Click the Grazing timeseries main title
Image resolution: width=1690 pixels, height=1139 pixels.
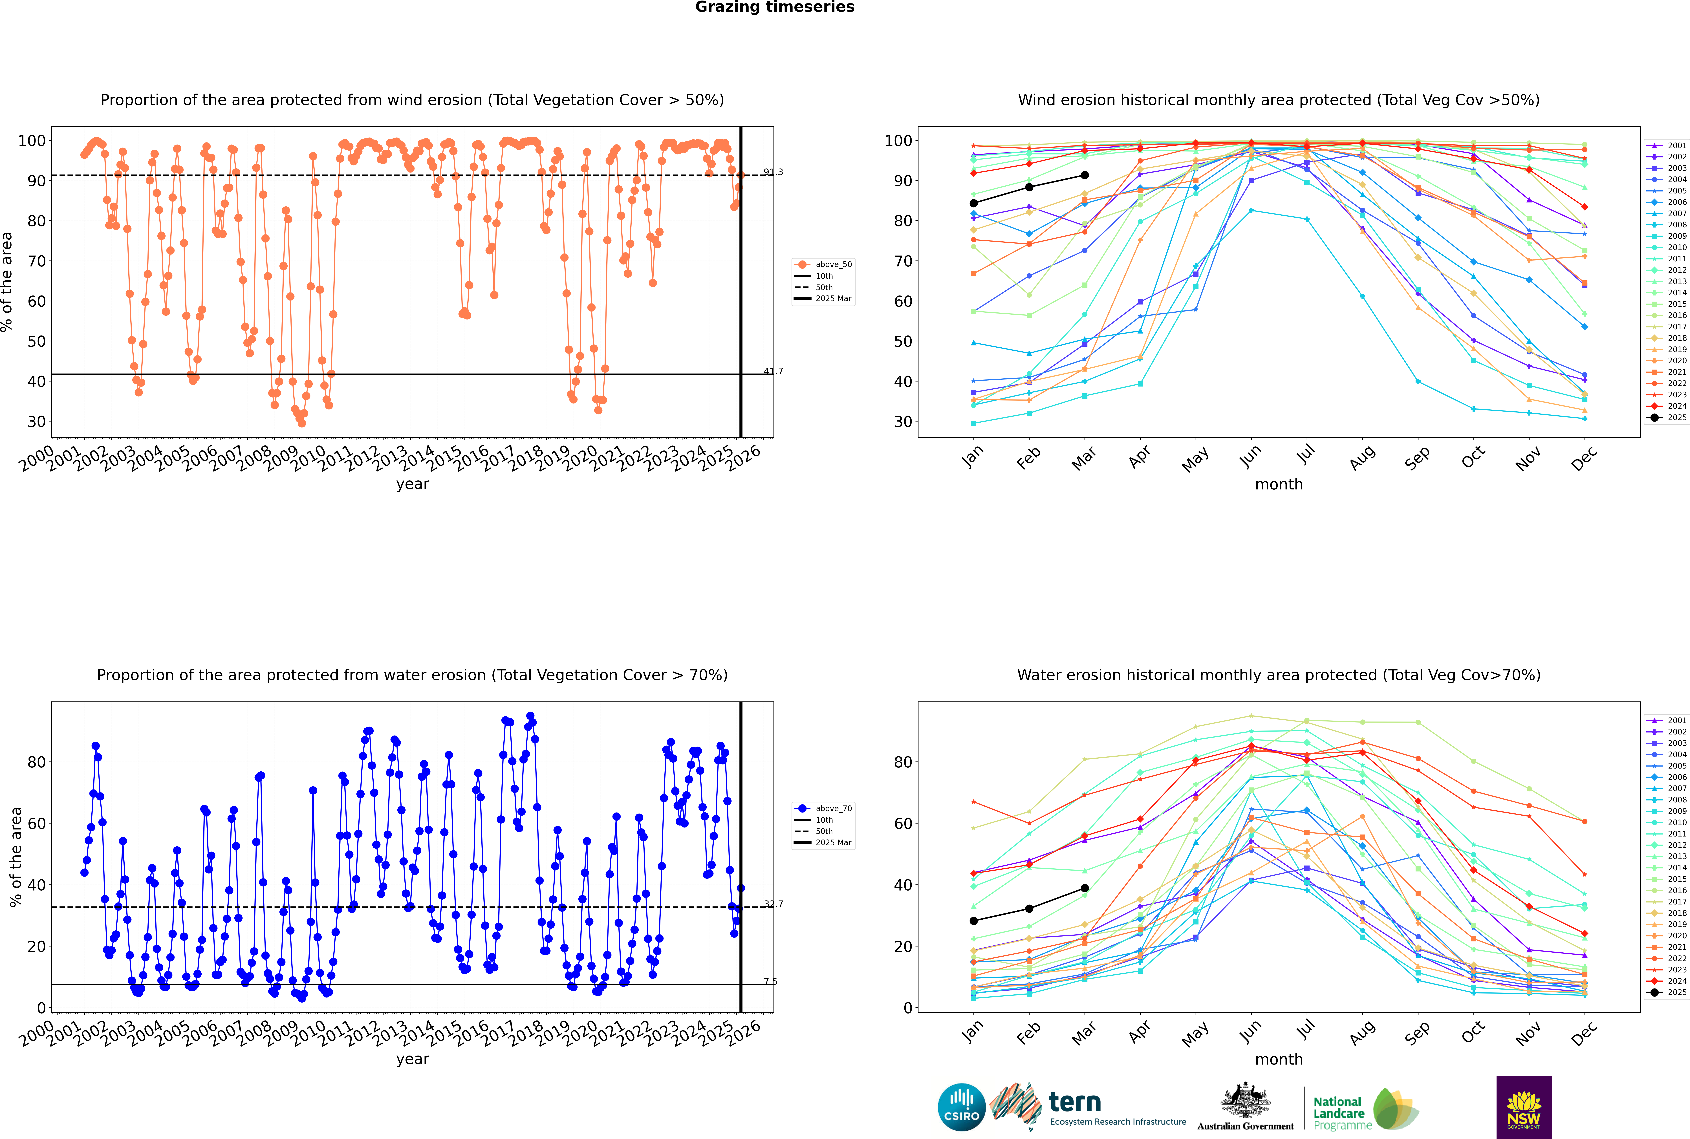[x=775, y=7]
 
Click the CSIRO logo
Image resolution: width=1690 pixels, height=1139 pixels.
[x=961, y=1107]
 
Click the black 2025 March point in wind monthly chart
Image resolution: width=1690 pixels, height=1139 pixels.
[x=1085, y=175]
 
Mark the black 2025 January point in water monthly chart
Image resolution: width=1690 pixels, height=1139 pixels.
[x=974, y=921]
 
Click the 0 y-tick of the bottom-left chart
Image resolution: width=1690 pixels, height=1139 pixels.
[x=41, y=1008]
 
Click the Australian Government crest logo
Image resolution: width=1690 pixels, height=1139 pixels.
[x=1245, y=1107]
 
